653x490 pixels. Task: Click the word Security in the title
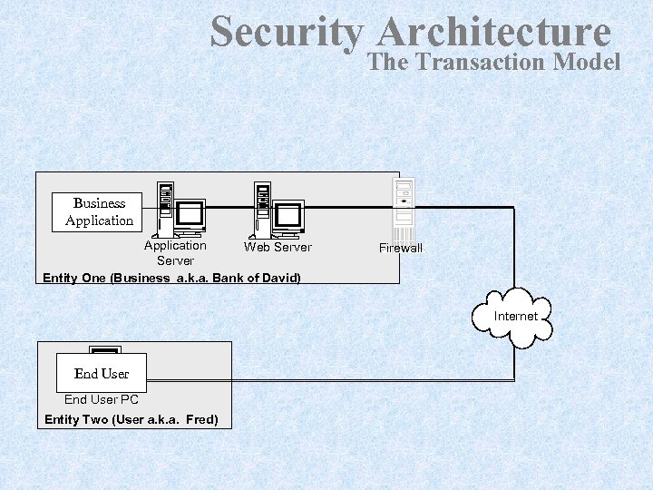[x=286, y=33]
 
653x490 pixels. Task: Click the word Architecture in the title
[x=494, y=33]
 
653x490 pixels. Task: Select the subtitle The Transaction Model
[x=494, y=62]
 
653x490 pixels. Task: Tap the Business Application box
[x=99, y=211]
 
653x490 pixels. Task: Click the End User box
[x=101, y=373]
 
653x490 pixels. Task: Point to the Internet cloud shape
[x=515, y=318]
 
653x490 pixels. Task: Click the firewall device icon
[x=403, y=208]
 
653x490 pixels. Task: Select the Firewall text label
[x=401, y=248]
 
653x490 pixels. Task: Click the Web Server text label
[x=278, y=247]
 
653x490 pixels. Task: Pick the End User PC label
[x=102, y=399]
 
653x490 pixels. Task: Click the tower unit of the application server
[x=165, y=206]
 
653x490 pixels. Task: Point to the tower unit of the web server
[x=263, y=206]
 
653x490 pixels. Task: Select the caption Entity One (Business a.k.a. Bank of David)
[x=171, y=277]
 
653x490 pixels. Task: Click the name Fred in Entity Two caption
[x=201, y=419]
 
